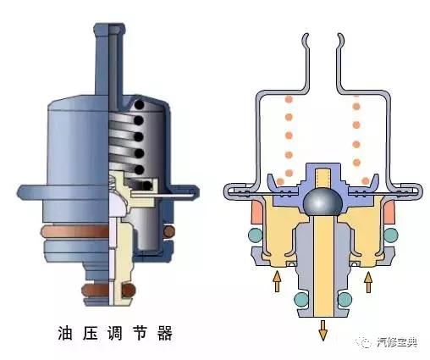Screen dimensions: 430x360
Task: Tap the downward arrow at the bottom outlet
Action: [323, 330]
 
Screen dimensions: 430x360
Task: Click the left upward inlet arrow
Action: [277, 281]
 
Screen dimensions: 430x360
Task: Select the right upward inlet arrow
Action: [368, 282]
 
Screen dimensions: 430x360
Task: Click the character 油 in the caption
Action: [65, 333]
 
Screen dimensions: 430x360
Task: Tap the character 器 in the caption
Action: [164, 333]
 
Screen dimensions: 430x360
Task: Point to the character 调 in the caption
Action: [114, 333]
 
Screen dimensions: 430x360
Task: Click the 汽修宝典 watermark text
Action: [397, 343]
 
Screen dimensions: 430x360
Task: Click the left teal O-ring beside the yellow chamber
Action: [256, 235]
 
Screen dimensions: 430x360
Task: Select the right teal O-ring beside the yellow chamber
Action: [391, 235]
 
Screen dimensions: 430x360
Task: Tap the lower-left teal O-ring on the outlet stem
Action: [301, 299]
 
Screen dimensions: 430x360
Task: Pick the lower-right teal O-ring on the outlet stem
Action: [345, 299]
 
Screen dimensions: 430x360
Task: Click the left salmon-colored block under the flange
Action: [257, 211]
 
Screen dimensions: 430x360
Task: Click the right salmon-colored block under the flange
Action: [389, 211]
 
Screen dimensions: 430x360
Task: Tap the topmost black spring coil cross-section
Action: [139, 105]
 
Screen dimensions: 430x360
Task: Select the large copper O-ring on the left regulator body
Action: [74, 231]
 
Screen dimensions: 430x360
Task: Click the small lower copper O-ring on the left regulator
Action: [96, 290]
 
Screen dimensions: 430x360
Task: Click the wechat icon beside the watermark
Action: [364, 342]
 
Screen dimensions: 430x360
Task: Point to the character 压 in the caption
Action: [90, 333]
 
